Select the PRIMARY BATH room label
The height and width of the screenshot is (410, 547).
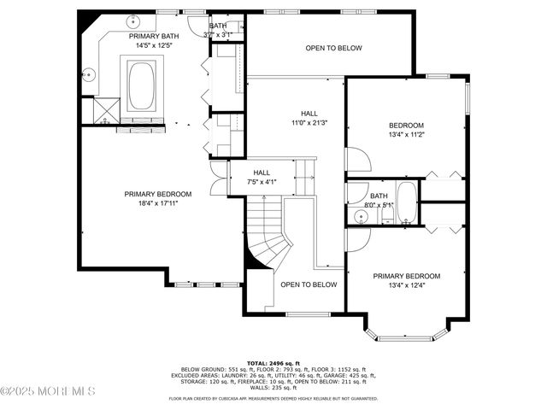tap(156, 37)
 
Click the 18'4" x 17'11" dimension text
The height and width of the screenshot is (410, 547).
tap(157, 204)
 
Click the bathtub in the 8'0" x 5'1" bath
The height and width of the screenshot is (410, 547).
tap(406, 202)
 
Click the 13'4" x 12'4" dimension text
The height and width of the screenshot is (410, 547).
tap(407, 286)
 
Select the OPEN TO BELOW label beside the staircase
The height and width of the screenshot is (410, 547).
tap(309, 284)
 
